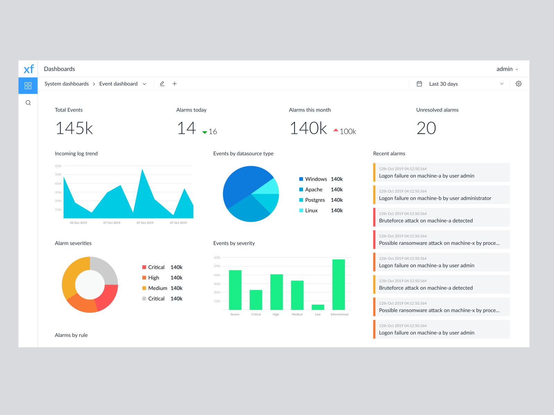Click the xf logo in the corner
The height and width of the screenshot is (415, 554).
tap(28, 69)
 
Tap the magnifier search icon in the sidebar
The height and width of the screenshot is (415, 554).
tap(28, 103)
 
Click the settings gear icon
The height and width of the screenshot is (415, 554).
tap(518, 84)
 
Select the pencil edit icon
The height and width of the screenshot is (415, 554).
tap(162, 84)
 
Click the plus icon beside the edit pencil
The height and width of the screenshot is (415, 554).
tap(175, 84)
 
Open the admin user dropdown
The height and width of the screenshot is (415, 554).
tap(507, 69)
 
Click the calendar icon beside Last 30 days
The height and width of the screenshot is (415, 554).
tap(419, 84)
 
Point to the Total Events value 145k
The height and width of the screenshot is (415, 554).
tap(74, 128)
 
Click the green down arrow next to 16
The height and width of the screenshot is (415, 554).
tap(205, 132)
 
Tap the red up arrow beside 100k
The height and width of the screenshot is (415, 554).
tap(336, 130)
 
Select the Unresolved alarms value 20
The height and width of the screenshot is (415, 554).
tap(426, 128)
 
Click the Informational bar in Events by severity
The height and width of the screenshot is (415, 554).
tap(338, 284)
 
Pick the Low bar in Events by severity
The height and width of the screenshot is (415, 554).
tap(318, 307)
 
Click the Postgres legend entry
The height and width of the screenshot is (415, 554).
tap(315, 200)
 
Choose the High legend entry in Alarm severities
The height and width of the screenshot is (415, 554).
tap(153, 278)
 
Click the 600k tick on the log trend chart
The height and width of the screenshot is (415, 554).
tap(58, 166)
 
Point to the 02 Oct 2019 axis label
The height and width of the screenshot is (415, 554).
tap(79, 223)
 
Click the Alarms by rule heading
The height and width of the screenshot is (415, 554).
tap(71, 335)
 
